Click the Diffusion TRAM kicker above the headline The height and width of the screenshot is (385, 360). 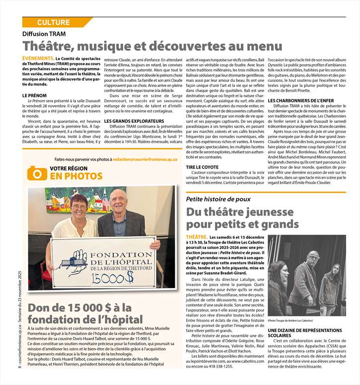(44, 34)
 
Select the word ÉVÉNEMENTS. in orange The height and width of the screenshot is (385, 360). (38, 59)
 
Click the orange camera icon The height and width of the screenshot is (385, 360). (37, 173)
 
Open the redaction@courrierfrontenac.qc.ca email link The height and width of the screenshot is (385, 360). (144, 159)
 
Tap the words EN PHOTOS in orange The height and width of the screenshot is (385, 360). (70, 177)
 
